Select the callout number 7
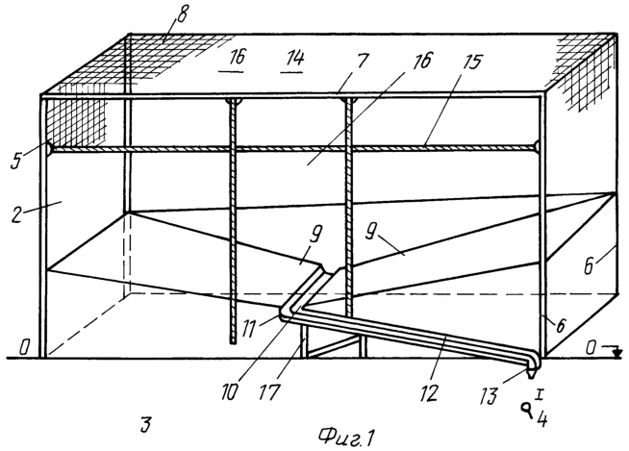(x=361, y=62)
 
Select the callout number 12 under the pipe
(x=429, y=392)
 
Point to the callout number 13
(x=489, y=395)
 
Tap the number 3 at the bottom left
(x=145, y=424)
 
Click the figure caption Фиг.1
(x=346, y=437)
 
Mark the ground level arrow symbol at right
(x=617, y=353)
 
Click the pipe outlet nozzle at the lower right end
(x=532, y=374)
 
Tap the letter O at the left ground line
(x=24, y=347)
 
